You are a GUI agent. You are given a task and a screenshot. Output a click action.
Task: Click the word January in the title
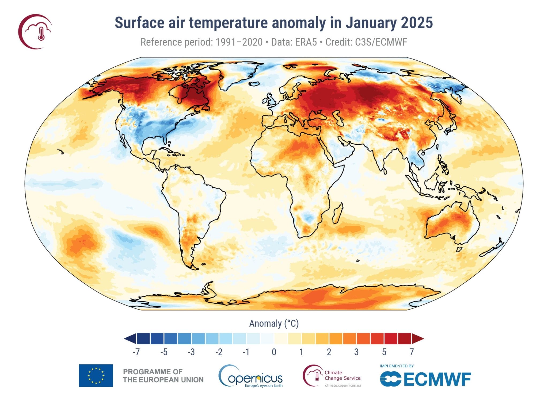tap(371, 23)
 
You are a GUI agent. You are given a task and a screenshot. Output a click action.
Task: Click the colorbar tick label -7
tap(136, 352)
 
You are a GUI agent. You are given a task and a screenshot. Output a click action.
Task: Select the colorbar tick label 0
tap(274, 352)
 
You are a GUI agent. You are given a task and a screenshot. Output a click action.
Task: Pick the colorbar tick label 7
tap(412, 352)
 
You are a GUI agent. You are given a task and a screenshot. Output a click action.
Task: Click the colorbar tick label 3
tap(356, 352)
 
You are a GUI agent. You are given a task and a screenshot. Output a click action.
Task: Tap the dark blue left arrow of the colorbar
tap(130, 339)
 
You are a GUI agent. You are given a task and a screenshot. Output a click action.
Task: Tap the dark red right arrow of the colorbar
tap(417, 339)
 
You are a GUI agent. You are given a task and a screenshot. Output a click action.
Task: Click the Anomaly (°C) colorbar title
tap(274, 323)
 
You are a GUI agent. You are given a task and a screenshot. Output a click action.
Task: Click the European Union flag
tap(96, 375)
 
